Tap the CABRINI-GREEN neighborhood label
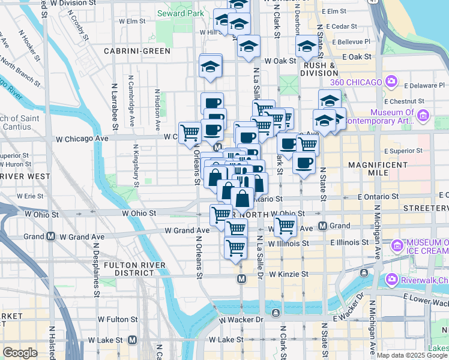(x=137, y=51)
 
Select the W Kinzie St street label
(x=288, y=274)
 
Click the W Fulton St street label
(x=122, y=319)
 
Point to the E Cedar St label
(x=340, y=26)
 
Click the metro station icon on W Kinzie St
(x=241, y=279)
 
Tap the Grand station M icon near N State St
(x=322, y=226)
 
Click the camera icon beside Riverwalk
(x=392, y=279)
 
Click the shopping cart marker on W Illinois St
(x=235, y=246)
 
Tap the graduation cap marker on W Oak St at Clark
(x=306, y=46)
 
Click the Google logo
(x=20, y=353)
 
